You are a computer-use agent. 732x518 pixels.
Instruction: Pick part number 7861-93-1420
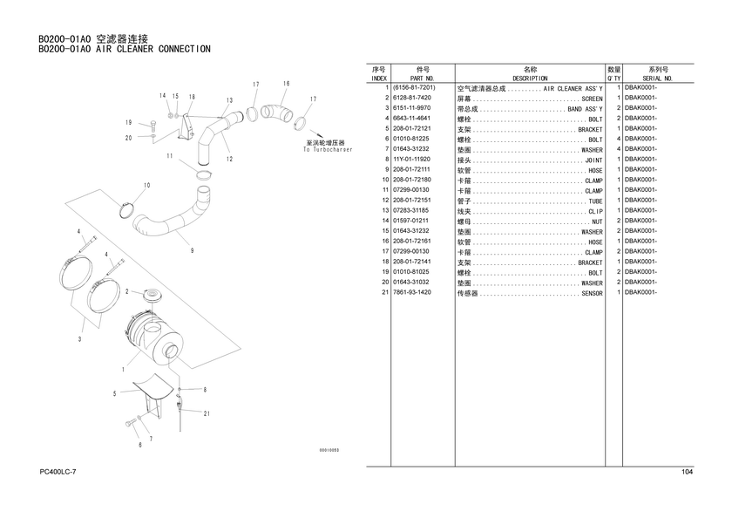point(411,293)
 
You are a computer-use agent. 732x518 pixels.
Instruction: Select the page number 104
point(687,472)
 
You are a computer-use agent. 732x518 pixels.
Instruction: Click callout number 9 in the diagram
point(191,251)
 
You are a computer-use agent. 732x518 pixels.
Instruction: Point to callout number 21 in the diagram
point(207,413)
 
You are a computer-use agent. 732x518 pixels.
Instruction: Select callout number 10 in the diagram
point(146,185)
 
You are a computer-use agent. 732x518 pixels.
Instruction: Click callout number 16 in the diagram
point(286,83)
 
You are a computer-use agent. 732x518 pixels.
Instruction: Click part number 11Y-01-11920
point(411,160)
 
